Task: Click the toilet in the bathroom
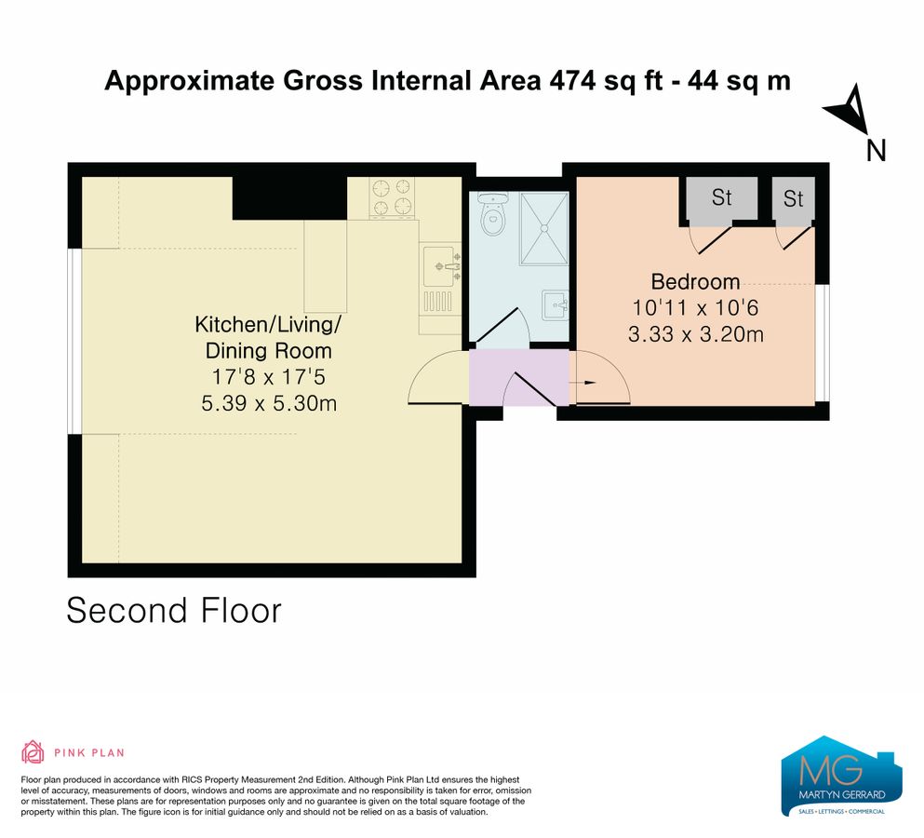492,217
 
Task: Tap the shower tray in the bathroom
542,227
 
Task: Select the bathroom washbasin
555,304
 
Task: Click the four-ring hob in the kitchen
392,196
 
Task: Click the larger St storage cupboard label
722,197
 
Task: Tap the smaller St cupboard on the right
793,199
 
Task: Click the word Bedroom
695,281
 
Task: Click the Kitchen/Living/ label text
268,325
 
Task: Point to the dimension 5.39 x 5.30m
268,403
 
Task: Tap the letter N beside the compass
876,151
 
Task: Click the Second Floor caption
174,611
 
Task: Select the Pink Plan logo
73,752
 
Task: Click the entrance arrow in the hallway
587,381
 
